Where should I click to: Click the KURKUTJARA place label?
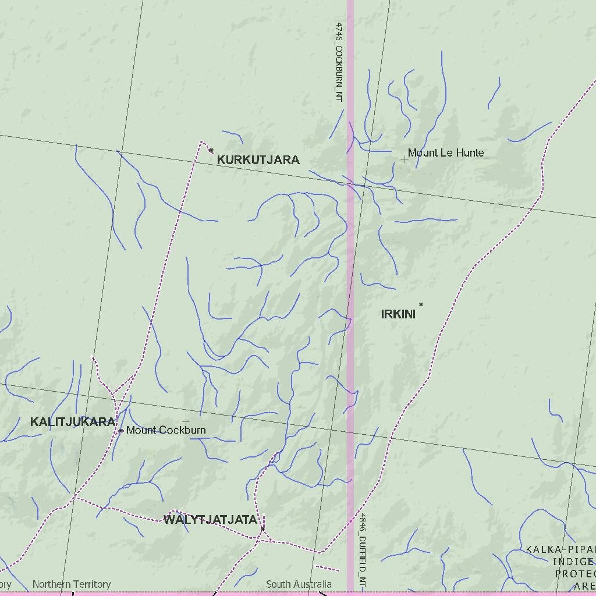(258, 160)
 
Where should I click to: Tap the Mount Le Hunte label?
(445, 153)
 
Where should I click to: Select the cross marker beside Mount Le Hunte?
(404, 159)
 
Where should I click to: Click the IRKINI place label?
(398, 314)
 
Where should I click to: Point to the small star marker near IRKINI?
(421, 304)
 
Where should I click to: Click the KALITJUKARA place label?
(73, 422)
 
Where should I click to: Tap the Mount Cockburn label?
(166, 431)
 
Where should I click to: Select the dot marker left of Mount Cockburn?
(120, 431)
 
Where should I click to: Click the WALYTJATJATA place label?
(210, 520)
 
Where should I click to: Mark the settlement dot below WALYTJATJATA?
(262, 528)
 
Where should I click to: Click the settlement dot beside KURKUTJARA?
(211, 150)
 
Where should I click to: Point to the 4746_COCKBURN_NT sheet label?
(339, 62)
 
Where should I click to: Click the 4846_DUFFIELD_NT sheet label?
(362, 550)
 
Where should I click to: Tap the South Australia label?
(299, 584)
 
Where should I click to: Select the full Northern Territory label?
(71, 584)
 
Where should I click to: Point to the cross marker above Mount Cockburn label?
(186, 421)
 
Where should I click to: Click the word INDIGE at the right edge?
(573, 562)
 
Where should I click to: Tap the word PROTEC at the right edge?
(575, 574)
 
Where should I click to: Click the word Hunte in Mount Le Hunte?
(470, 153)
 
